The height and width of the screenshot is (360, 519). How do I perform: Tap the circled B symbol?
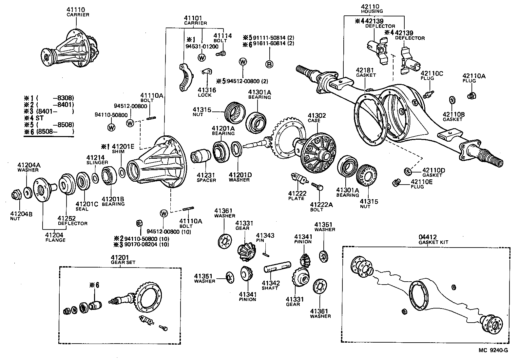click(269, 64)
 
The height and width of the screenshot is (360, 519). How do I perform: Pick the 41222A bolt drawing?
click(317, 187)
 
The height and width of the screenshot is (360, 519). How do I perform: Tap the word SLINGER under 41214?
click(97, 163)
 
